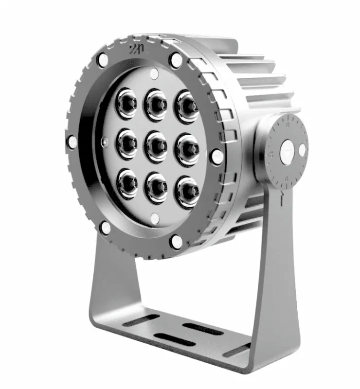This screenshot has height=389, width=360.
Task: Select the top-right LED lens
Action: pos(187,106)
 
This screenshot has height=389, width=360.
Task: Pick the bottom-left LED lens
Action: pos(127,183)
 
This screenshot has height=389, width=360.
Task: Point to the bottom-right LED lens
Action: pos(187,187)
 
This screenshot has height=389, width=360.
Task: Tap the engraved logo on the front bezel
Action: pos(135,49)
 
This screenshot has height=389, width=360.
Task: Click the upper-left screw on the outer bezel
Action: pos(103,60)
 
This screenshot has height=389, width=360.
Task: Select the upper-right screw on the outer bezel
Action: pos(176,60)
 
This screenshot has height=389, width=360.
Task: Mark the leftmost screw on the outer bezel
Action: pos(72,141)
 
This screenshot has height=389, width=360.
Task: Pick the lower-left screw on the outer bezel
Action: pos(105,227)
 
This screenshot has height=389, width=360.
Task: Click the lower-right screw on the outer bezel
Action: pos(176,241)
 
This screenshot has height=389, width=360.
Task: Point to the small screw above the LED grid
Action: pos(154,74)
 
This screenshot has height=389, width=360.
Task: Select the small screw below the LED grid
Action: pos(155,218)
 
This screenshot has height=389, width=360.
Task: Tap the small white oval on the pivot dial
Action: pos(302,150)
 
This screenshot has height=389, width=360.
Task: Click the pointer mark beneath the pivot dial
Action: pos(282,198)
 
